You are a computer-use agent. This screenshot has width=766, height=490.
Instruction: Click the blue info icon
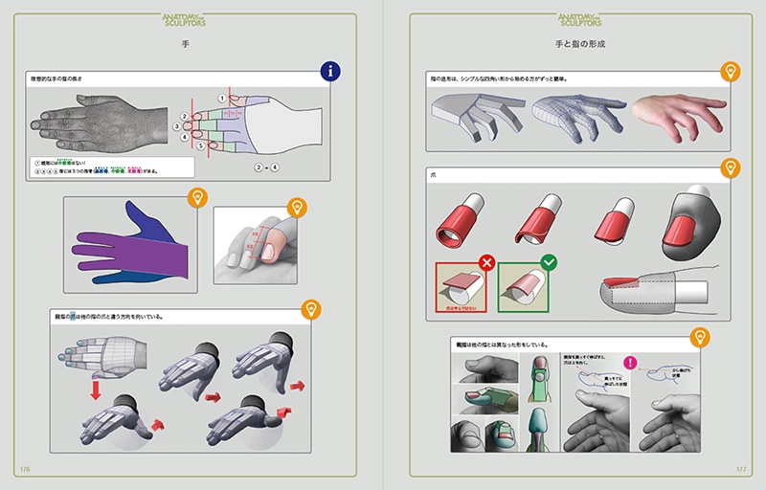tap(331, 71)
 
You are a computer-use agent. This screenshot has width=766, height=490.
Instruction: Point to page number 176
tap(26, 469)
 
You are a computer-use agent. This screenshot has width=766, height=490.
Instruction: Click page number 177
tap(739, 469)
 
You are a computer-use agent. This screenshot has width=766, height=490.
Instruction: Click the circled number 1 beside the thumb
tap(221, 97)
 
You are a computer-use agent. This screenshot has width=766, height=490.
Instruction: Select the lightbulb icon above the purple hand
tap(197, 199)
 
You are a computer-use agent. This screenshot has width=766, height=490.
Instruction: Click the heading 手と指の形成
tap(580, 44)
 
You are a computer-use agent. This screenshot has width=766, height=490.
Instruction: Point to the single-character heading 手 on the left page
tap(184, 44)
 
